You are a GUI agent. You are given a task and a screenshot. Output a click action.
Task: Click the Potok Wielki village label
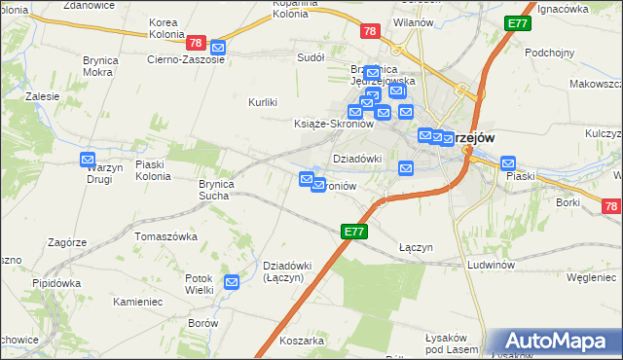pyautogui.click(x=200, y=283)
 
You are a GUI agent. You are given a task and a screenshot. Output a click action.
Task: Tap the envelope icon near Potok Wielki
pyautogui.click(x=232, y=283)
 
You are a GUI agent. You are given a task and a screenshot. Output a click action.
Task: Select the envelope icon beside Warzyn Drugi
pyautogui.click(x=88, y=160)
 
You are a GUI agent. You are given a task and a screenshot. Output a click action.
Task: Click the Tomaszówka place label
pyautogui.click(x=165, y=236)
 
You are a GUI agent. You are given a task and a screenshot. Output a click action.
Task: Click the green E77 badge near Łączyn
pyautogui.click(x=354, y=232)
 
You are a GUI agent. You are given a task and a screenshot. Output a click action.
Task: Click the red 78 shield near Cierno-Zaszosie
pyautogui.click(x=196, y=43)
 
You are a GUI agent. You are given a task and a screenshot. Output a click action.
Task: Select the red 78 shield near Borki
pyautogui.click(x=611, y=206)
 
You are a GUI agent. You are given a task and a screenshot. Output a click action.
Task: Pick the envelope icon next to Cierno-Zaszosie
pyautogui.click(x=218, y=47)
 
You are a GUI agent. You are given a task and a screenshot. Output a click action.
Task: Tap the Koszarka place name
pyautogui.click(x=301, y=342)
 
